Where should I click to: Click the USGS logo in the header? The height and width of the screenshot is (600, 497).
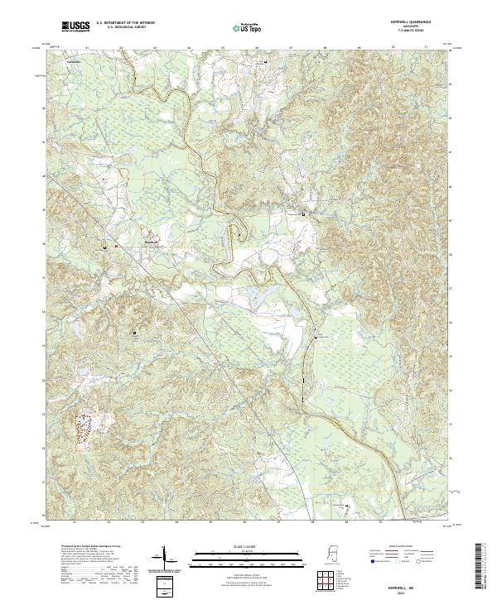[x=75, y=26]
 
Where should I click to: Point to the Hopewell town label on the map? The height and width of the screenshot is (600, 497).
[x=151, y=242]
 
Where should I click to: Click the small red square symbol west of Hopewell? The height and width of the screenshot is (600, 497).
[x=116, y=246]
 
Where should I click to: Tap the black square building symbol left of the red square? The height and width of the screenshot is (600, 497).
[x=104, y=247]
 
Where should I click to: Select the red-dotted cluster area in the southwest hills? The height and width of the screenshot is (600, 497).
[x=85, y=429]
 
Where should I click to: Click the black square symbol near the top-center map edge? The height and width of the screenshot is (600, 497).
[x=265, y=62]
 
